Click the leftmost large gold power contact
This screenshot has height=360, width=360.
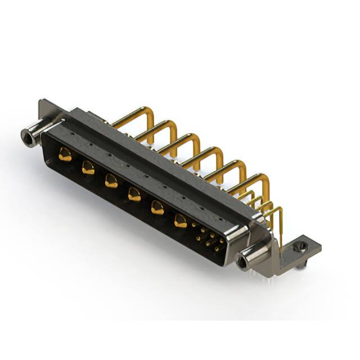pyautogui.click(x=66, y=154)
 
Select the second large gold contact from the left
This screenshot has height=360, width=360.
pyautogui.click(x=88, y=167)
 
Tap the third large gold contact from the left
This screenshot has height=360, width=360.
pyautogui.click(x=111, y=181)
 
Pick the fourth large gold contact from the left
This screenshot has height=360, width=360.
pyautogui.click(x=134, y=195)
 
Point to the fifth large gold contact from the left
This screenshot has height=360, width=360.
pyautogui.click(x=157, y=208)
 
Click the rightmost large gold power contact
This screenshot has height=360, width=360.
pyautogui.click(x=181, y=221)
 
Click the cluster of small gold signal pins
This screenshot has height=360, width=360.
pyautogui.click(x=208, y=238)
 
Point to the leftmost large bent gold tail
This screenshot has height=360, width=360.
pyautogui.click(x=138, y=116)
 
